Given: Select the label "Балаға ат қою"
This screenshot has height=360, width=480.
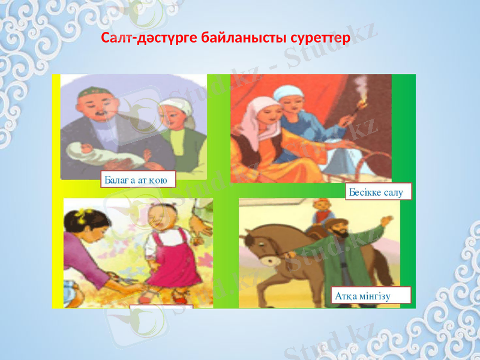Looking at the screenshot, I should [138, 179].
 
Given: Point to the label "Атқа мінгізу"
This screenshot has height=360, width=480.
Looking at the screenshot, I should [371, 295].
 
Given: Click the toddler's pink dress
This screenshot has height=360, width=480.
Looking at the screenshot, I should [175, 262].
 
